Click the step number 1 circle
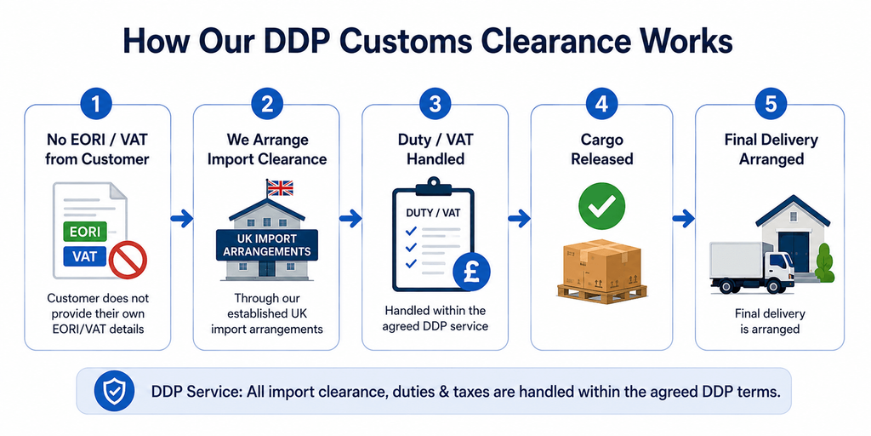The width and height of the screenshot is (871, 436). pyautogui.click(x=97, y=105)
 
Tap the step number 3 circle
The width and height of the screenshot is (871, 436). pyautogui.click(x=435, y=105)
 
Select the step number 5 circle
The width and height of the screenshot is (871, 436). pyautogui.click(x=770, y=105)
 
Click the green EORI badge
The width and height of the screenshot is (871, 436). pyautogui.click(x=85, y=230)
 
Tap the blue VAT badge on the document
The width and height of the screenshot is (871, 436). pyautogui.click(x=85, y=256)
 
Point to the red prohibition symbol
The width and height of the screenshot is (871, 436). pyautogui.click(x=128, y=259)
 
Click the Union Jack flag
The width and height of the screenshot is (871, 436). pyautogui.click(x=280, y=187)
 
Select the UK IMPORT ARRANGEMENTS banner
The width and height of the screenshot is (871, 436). pyautogui.click(x=266, y=244)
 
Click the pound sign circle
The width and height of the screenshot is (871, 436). pyautogui.click(x=471, y=272)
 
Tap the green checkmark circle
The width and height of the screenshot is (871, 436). pyautogui.click(x=601, y=206)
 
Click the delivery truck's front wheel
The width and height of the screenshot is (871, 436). pyautogui.click(x=772, y=285)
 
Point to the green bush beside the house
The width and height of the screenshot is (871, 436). pyautogui.click(x=825, y=263)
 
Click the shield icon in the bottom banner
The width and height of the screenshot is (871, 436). pyautogui.click(x=114, y=391)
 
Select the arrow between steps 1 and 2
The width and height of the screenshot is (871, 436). pyautogui.click(x=182, y=219)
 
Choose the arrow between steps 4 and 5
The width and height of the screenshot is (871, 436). pyautogui.click(x=684, y=219)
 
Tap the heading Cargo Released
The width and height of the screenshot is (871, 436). pyautogui.click(x=602, y=149)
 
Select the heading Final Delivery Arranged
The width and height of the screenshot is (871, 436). pyautogui.click(x=771, y=149)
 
